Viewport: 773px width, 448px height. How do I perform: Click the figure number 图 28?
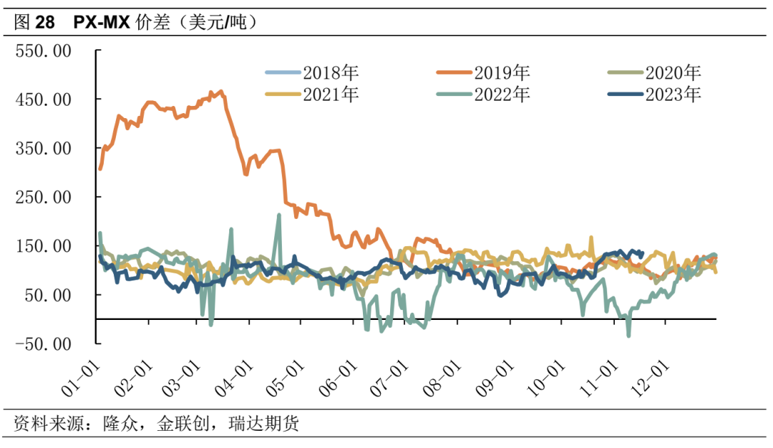coord(34,23)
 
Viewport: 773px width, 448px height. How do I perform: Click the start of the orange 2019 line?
coord(100,168)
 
